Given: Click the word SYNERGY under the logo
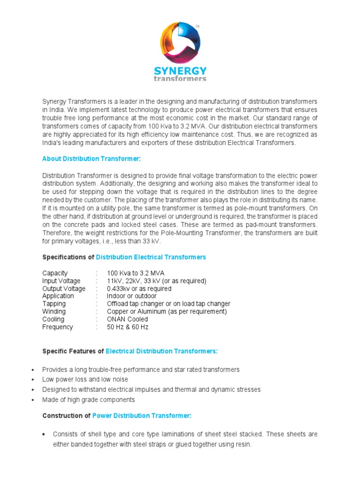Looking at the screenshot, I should point(180,71).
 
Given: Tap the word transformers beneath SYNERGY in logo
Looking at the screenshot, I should point(180,79).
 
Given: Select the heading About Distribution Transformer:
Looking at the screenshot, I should point(91,159).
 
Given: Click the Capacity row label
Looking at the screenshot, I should point(55,273).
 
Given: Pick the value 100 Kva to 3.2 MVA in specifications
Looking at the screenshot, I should point(135,273).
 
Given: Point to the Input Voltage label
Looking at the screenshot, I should point(61,281).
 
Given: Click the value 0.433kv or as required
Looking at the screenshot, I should point(139,289).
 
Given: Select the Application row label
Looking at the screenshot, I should point(58,296).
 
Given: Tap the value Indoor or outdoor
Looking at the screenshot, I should point(132,296).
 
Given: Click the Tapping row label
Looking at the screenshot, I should point(54,304).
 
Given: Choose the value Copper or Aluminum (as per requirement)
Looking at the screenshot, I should point(166,312).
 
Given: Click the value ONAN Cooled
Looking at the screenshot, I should point(127,319).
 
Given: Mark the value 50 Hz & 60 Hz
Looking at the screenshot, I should point(127,327).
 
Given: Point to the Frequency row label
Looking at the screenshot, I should point(58,327).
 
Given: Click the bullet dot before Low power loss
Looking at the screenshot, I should point(32,380).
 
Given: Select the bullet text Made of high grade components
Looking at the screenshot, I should point(89,400).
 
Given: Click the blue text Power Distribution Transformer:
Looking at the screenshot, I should point(142,416).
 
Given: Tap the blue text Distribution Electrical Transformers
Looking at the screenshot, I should point(151,257).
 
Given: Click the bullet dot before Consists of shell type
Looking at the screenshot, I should point(44,435).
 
